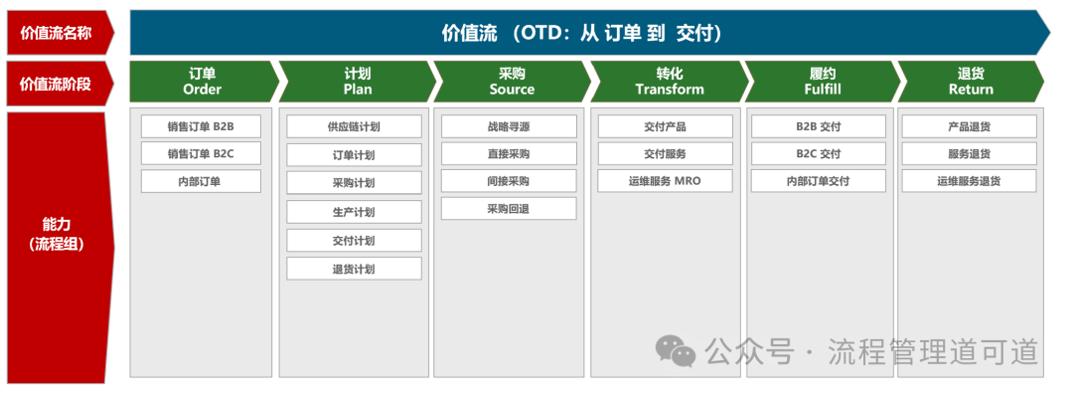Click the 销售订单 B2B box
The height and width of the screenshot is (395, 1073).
pos(201,126)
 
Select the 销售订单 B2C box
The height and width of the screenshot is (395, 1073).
pos(201,153)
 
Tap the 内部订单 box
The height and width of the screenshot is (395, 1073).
pos(201,181)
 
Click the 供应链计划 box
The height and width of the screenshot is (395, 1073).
pos(354,126)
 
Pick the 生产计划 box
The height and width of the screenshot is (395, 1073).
pos(354,212)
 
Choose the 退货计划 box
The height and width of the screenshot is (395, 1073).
pos(354,269)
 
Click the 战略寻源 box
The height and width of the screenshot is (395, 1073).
pos(509,126)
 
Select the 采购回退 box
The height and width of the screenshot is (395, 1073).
pos(509,209)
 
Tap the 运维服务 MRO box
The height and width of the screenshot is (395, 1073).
pos(665,181)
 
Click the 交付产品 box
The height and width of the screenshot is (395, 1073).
pos(665,126)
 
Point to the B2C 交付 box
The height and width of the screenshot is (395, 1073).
pos(819,153)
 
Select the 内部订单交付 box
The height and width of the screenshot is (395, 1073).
pos(819,181)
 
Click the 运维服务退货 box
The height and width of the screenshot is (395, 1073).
pos(969,181)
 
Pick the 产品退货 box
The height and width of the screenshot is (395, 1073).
pos(969,126)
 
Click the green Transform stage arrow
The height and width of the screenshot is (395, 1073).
pos(669,82)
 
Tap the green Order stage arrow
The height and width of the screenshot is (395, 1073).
pos(204,82)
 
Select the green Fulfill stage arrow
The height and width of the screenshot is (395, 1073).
pos(822,82)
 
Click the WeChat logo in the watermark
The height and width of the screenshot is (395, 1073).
pos(676,351)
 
